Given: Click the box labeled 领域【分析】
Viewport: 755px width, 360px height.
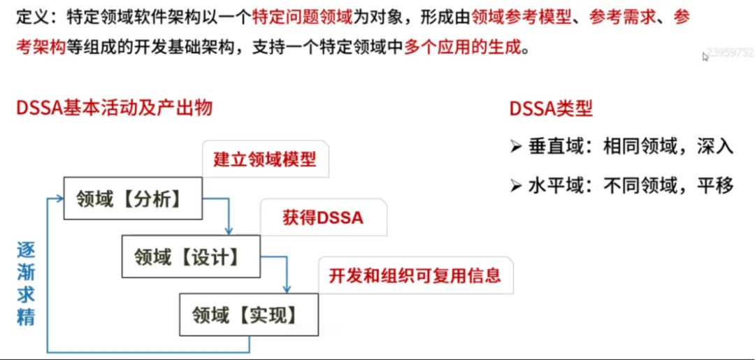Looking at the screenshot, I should pyautogui.click(x=132, y=199).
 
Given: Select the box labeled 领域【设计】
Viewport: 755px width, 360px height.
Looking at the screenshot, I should pyautogui.click(x=190, y=257).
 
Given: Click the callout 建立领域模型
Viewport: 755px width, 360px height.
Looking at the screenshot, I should pyautogui.click(x=265, y=160).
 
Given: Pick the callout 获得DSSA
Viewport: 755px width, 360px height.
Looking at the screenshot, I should pyautogui.click(x=323, y=217).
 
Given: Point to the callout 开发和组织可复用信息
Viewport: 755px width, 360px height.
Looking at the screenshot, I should pyautogui.click(x=415, y=275).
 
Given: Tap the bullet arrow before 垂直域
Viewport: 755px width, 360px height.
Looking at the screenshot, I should pyautogui.click(x=516, y=147).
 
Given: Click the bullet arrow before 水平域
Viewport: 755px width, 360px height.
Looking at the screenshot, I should pyautogui.click(x=516, y=187).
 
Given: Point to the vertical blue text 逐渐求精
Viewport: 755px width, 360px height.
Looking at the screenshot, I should pyautogui.click(x=26, y=283).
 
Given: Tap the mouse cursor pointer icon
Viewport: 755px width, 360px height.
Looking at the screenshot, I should pyautogui.click(x=705, y=57).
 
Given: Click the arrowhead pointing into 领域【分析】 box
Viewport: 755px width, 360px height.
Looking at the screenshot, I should pyautogui.click(x=59, y=200).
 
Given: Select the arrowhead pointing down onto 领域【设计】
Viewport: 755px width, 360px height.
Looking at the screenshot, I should pyautogui.click(x=229, y=231).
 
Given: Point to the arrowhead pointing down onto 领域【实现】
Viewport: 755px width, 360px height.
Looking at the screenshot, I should pyautogui.click(x=287, y=289).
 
